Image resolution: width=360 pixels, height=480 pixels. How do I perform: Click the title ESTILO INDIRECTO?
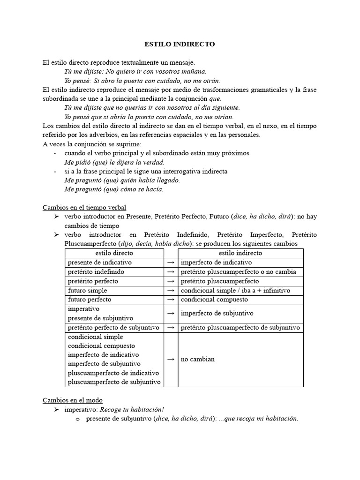(x=180, y=45)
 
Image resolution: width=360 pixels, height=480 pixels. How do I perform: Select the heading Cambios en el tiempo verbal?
(x=84, y=207)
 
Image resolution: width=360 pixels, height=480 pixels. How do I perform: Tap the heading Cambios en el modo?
(x=72, y=400)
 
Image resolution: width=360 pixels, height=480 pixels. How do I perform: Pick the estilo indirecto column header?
(x=240, y=253)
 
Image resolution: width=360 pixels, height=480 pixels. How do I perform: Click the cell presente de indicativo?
(x=100, y=262)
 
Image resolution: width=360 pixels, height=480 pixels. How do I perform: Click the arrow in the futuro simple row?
(x=171, y=291)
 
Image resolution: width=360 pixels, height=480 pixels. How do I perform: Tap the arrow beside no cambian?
(x=171, y=359)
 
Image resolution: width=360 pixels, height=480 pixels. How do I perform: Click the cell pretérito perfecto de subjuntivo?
(x=113, y=327)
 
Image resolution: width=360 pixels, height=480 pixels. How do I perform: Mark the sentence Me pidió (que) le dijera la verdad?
(x=114, y=162)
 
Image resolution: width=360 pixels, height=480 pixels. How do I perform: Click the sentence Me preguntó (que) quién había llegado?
(x=122, y=180)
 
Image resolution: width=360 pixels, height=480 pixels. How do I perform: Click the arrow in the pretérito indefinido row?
(x=171, y=272)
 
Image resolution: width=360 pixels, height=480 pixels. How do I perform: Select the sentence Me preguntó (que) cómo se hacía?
(x=114, y=189)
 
